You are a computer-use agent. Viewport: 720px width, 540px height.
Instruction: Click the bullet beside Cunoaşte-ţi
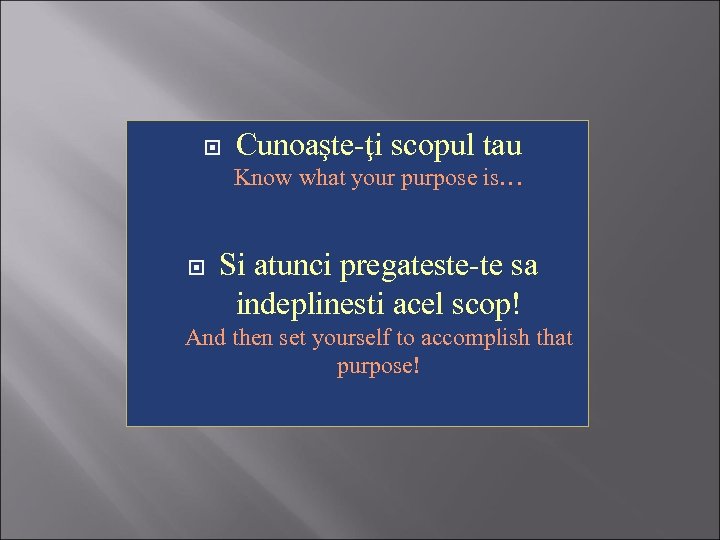[211, 148]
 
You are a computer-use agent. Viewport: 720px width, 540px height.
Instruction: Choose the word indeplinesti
[320, 302]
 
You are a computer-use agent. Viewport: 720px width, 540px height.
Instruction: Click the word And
[206, 338]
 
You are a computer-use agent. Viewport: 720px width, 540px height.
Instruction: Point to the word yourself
[349, 339]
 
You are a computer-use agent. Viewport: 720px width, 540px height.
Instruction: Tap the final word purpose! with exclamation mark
[378, 366]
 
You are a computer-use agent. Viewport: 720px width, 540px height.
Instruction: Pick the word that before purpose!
[554, 338]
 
